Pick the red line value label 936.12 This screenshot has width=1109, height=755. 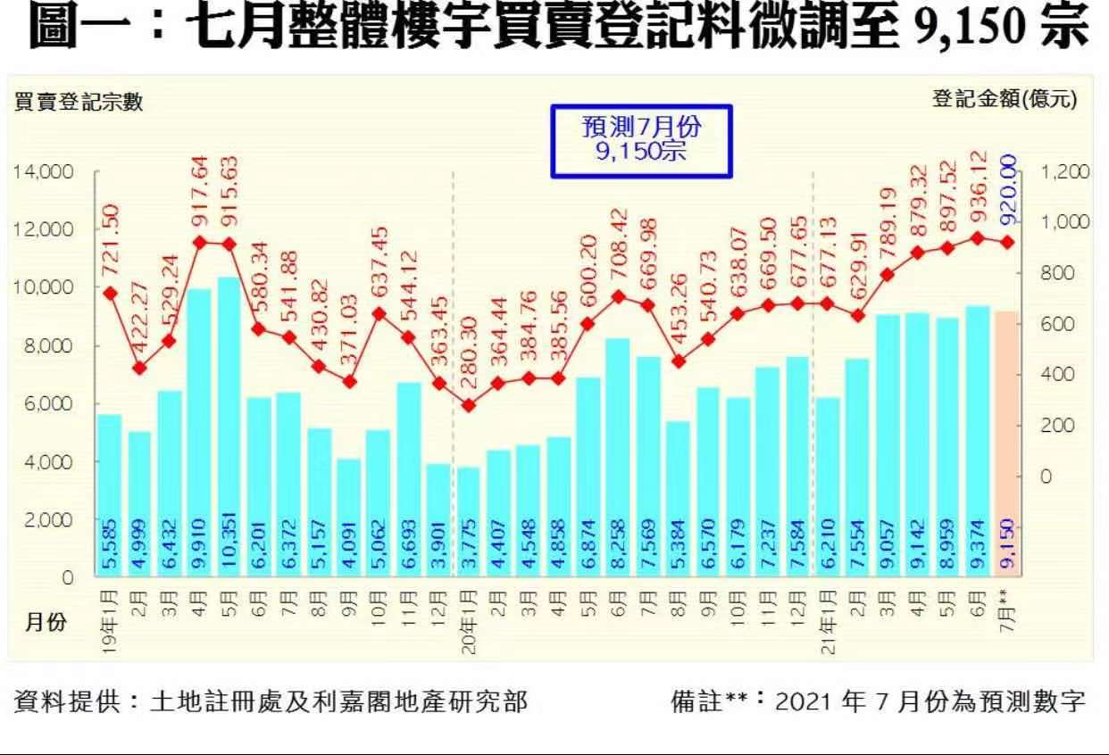tap(979, 195)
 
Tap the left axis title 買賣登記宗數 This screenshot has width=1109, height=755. tap(79, 103)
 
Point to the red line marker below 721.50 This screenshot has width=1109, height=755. tap(110, 293)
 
